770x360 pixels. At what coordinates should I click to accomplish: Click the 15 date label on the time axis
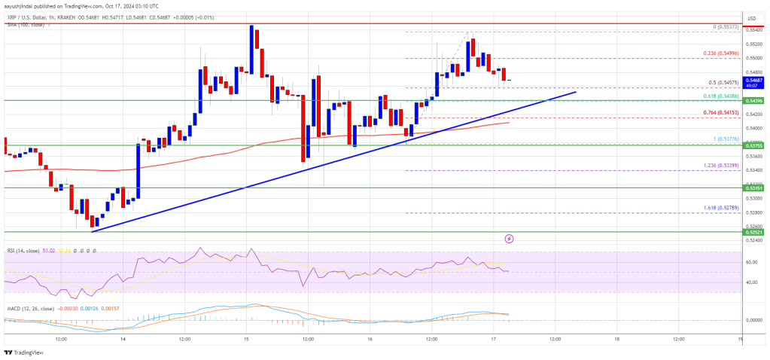coord(247,338)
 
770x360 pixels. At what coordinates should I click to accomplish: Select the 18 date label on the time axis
coord(616,338)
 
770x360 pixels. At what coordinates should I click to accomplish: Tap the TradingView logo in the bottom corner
coord(24,352)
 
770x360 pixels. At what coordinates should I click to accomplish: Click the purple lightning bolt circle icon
coord(510,238)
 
